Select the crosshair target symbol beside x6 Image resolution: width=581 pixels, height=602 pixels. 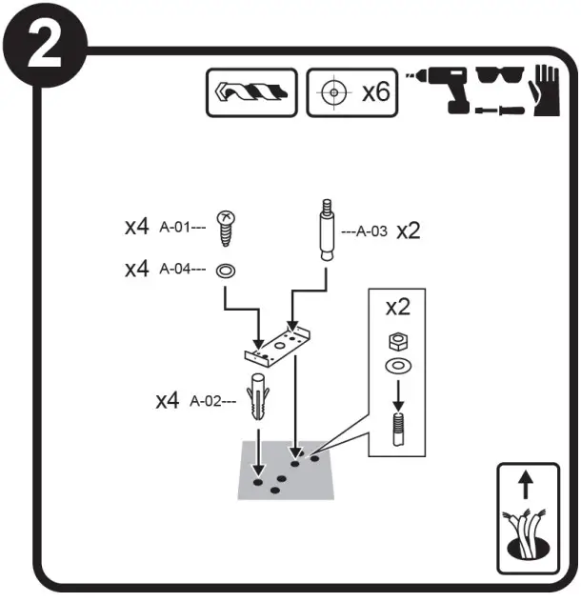pos(331,94)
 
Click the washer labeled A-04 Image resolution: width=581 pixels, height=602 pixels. pos(227,270)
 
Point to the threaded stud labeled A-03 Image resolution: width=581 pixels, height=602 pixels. pos(325,231)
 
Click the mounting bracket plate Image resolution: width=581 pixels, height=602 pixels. pos(281,345)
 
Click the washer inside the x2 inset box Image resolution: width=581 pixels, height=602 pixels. pos(394,366)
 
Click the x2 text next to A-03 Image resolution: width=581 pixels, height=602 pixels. pos(409,231)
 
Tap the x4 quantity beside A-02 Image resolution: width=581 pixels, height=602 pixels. pos(168,401)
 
